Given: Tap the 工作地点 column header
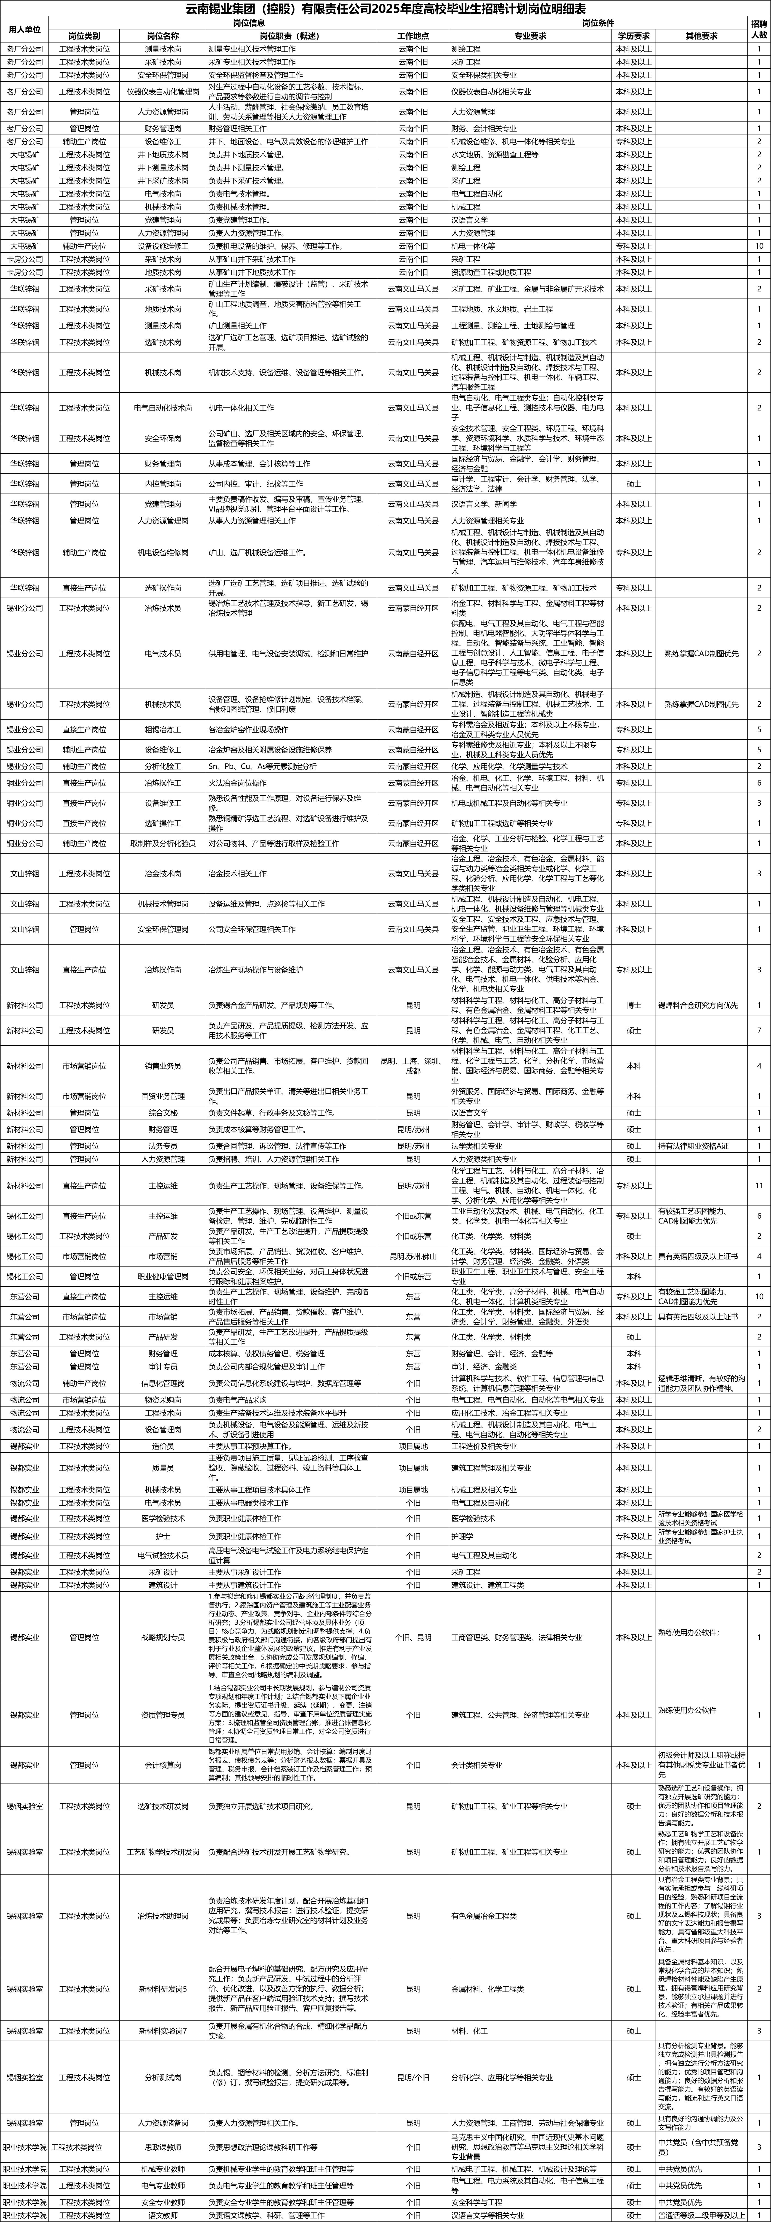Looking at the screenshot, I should (x=412, y=36).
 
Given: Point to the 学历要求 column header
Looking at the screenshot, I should (x=634, y=36).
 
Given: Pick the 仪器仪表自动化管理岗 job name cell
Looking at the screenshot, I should (x=163, y=92).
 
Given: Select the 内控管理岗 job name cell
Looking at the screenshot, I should (x=163, y=484).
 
